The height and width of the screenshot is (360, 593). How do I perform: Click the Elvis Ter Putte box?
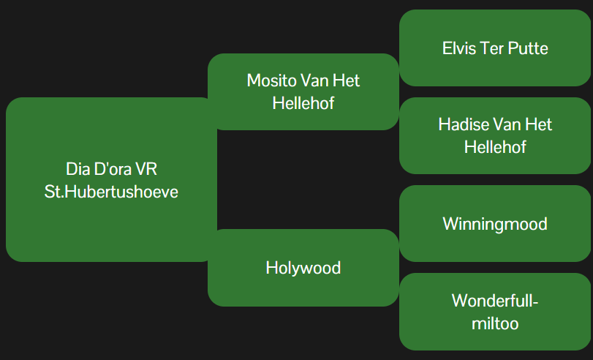click(x=495, y=48)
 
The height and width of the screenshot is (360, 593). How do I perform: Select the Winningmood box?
click(x=495, y=223)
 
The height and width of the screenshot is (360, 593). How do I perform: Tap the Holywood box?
click(x=303, y=268)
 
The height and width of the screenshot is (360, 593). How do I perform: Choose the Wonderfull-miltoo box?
click(x=495, y=312)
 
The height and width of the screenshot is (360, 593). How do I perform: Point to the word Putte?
click(x=528, y=48)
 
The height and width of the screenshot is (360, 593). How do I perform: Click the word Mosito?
click(x=271, y=80)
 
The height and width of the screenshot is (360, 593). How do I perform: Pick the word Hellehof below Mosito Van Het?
click(x=303, y=103)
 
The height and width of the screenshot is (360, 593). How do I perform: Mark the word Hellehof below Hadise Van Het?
click(x=495, y=147)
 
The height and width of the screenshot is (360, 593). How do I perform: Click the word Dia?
click(x=78, y=169)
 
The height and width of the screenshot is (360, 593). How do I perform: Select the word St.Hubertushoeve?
click(x=111, y=192)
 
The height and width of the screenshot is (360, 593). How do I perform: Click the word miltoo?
click(x=495, y=323)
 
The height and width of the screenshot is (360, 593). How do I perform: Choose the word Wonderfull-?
click(x=495, y=301)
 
